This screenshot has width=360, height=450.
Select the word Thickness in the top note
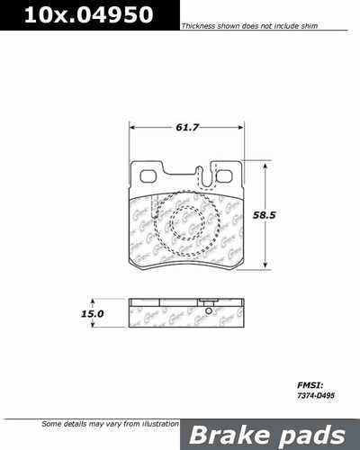[x=196, y=28]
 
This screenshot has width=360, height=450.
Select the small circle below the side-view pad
[x=208, y=313]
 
